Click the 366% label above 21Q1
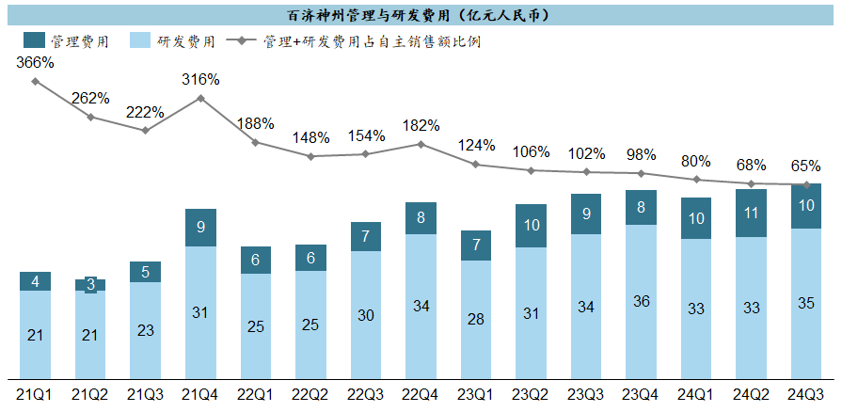click(35, 63)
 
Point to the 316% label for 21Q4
click(200, 79)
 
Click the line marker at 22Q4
click(421, 144)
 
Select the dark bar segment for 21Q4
click(200, 227)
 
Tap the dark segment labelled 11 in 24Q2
click(751, 213)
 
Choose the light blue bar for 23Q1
click(476, 319)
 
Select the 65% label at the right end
click(806, 166)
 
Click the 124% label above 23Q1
click(476, 146)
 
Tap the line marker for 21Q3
click(146, 130)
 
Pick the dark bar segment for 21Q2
click(90, 284)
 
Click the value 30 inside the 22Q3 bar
click(366, 316)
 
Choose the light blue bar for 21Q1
click(35, 334)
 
